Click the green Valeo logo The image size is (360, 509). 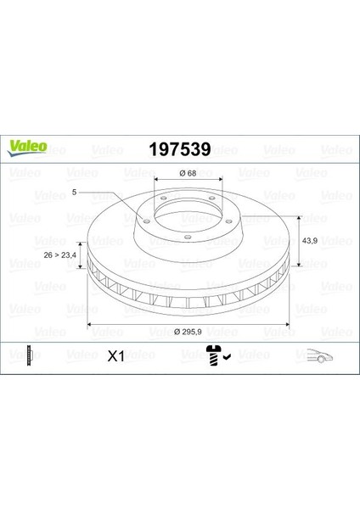(27, 148)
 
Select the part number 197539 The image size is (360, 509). (180, 149)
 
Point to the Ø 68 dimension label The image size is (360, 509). (188, 173)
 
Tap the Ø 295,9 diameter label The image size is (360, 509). (188, 332)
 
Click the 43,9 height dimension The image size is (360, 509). (310, 241)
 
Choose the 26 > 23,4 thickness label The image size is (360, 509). (59, 255)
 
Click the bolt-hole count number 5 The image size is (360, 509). (74, 193)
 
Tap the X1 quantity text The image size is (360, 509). (116, 356)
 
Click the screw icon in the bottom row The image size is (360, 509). (213, 355)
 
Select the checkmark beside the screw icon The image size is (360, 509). (227, 357)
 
